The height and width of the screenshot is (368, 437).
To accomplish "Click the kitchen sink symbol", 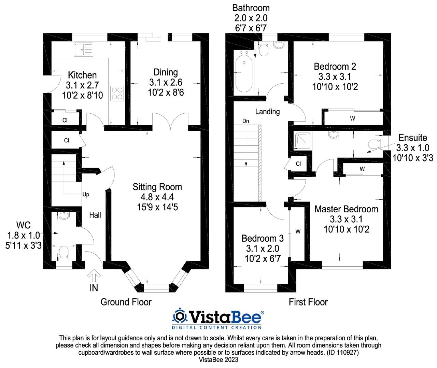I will (83, 50).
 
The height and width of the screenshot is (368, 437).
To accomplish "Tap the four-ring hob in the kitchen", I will (117, 94).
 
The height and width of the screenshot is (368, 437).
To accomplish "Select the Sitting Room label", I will (157, 187).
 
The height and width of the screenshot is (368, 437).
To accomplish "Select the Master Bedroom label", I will (346, 209).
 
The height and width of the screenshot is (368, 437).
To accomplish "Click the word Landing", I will (267, 112).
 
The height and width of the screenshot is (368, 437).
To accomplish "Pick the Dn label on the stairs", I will (246, 121).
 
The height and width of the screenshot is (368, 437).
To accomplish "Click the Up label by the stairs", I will (86, 195).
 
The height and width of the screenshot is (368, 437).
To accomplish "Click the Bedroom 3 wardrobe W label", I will (298, 231).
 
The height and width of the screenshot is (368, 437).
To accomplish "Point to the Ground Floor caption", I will (126, 302).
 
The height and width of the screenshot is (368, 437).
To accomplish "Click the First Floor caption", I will (308, 302).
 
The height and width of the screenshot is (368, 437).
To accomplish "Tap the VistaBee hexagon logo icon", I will (180, 316).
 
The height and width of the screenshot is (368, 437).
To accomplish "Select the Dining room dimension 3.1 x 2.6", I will (166, 82).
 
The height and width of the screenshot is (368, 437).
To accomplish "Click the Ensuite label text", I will (413, 138).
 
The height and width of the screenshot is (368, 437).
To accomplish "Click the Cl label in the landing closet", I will (298, 164).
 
